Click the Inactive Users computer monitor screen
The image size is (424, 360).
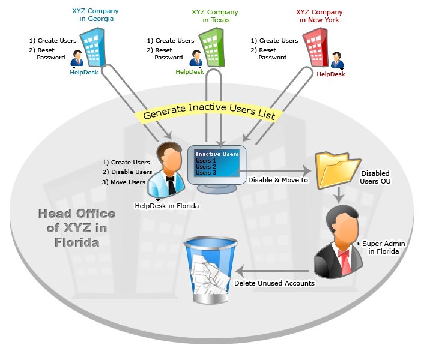pos(216,164)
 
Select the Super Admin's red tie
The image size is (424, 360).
pos(344,259)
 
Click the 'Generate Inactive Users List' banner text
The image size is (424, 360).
pos(209,114)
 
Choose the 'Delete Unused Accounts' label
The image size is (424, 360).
pos(274,283)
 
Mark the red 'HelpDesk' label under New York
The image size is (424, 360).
pos(331,74)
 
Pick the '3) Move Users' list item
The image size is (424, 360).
pos(124,182)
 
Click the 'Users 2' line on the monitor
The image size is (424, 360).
pos(206,166)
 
